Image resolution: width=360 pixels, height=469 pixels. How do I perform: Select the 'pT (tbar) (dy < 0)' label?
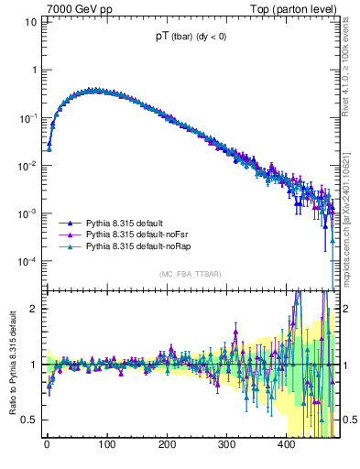coord(193,38)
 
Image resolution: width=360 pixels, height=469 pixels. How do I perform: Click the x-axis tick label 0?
coord(47,445)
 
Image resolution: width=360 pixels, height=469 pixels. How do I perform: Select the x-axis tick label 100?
coord(106,445)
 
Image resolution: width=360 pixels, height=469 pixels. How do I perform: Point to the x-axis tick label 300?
coord(226,445)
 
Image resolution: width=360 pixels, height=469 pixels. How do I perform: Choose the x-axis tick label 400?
coord(286,445)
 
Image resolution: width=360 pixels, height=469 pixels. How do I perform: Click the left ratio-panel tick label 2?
coord(34,308)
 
